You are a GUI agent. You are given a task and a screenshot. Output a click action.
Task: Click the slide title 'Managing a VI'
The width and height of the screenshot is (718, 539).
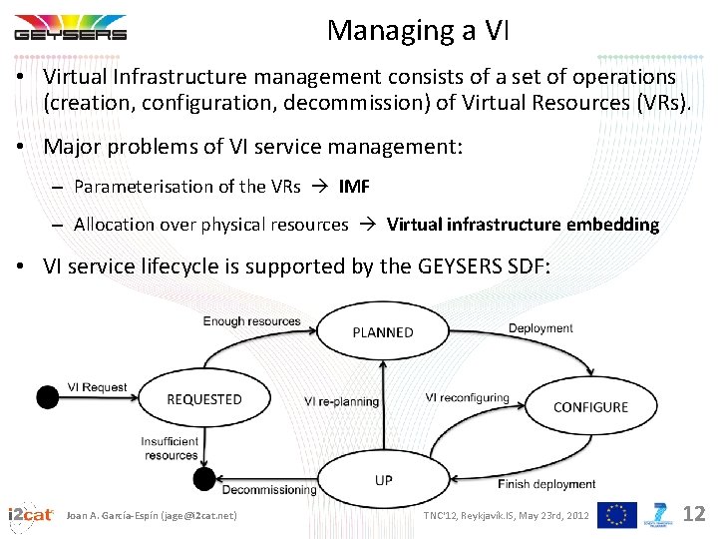click(418, 31)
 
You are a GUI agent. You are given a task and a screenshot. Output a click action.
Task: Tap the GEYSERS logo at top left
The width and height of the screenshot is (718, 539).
click(70, 27)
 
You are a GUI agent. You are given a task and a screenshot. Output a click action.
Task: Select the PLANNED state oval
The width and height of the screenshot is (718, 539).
click(383, 332)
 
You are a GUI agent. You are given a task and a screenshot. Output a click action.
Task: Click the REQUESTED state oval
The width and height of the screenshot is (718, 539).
click(204, 399)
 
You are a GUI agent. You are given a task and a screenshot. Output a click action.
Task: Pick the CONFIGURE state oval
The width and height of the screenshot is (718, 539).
click(590, 407)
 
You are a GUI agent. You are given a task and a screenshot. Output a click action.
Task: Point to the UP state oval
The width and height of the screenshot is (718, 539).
click(384, 480)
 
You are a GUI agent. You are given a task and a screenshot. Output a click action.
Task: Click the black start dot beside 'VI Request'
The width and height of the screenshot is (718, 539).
click(47, 397)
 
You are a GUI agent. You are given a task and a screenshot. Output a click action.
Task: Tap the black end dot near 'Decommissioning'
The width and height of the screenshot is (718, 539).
click(203, 480)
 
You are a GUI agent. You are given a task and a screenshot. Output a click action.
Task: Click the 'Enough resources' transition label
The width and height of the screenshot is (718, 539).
click(251, 321)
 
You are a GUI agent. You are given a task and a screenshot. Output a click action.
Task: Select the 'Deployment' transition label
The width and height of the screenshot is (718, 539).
click(540, 328)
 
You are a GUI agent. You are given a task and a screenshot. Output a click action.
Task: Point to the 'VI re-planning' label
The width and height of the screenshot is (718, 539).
click(341, 401)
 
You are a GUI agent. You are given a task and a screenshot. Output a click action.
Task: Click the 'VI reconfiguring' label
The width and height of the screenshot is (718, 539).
click(467, 397)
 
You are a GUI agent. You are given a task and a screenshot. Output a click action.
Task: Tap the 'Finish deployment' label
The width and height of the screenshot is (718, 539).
click(546, 485)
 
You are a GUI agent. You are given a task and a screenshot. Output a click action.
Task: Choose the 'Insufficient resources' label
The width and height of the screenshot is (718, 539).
click(170, 448)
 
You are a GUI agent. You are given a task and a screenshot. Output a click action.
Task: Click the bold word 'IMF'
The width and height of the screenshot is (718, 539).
click(354, 187)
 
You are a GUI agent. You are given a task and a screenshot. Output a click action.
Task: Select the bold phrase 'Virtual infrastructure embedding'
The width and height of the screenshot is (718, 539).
click(523, 225)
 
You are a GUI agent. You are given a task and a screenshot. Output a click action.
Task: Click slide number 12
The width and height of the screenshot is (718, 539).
click(694, 514)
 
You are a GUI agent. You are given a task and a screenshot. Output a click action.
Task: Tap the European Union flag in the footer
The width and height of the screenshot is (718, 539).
click(616, 515)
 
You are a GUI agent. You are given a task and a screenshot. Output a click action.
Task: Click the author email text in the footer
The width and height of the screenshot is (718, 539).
click(152, 515)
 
